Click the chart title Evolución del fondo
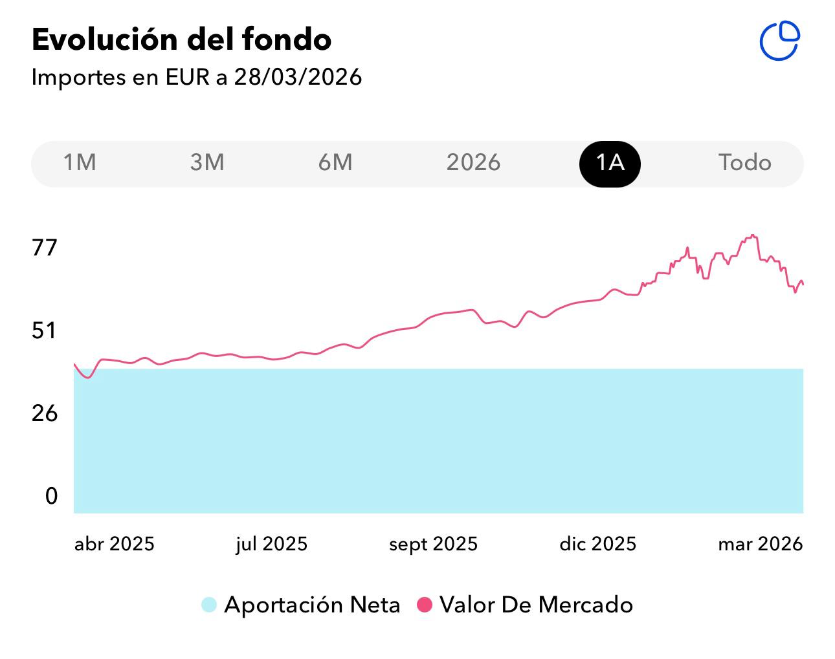point(181,40)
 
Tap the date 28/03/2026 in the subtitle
point(298,77)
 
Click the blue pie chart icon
point(779,41)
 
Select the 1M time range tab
point(80,162)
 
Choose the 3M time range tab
point(207,162)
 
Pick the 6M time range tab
point(335,162)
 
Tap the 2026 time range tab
point(473,162)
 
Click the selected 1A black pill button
point(610,163)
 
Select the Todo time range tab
point(744,162)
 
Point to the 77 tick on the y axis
point(45,248)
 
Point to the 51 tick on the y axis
point(45,331)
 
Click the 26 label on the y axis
point(45,413)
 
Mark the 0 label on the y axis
point(51,496)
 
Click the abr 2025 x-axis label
point(115,544)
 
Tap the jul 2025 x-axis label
point(271,544)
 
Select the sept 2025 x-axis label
point(433,544)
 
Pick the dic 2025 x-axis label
point(597,544)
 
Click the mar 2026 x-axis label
point(760,544)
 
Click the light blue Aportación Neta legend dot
point(208,605)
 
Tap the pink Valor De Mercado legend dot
point(424,605)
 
